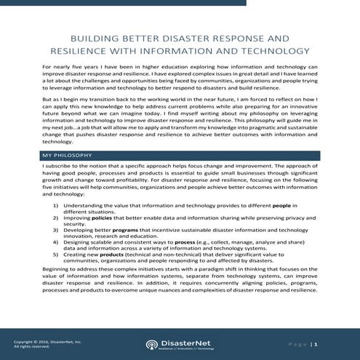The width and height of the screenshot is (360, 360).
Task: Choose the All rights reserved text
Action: tap(33, 346)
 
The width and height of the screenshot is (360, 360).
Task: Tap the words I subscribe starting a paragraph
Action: tap(60, 167)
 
